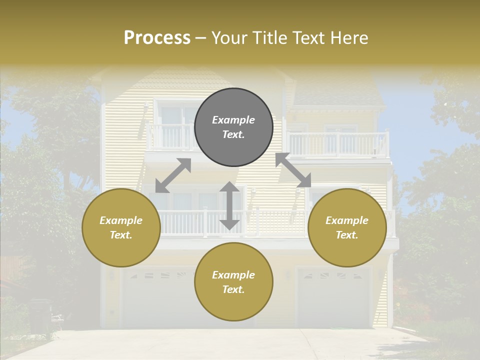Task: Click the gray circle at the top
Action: [233, 127]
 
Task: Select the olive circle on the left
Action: [121, 227]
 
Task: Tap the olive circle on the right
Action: [347, 227]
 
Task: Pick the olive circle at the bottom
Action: [233, 282]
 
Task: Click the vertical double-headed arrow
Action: [229, 205]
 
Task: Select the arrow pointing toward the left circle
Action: [173, 175]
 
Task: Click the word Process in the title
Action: [157, 37]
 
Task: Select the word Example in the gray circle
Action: [233, 120]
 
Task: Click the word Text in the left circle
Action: [121, 235]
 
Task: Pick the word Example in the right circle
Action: [347, 220]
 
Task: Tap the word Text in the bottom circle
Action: [233, 289]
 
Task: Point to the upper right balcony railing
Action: [339, 144]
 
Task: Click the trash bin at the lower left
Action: [40, 315]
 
